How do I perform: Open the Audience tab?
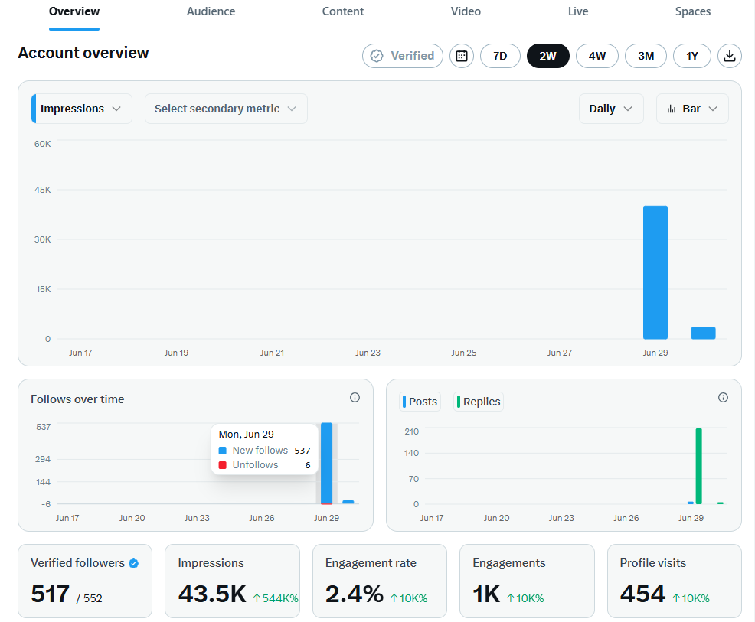[x=211, y=11]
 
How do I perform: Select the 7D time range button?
[x=500, y=56]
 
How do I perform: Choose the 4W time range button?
[x=597, y=56]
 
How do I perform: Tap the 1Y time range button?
[x=692, y=56]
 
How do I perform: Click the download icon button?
[x=730, y=56]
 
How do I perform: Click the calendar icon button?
[x=462, y=56]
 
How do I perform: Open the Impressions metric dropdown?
[x=82, y=109]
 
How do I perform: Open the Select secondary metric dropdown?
[x=226, y=109]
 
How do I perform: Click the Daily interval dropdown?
[x=611, y=109]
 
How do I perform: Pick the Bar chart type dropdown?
[x=692, y=109]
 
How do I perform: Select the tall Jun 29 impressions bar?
[x=655, y=272]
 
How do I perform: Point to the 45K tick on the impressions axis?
[x=42, y=190]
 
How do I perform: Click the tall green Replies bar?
[x=698, y=466]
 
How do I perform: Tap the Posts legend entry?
[x=420, y=402]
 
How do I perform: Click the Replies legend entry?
[x=479, y=402]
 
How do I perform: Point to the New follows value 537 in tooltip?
[x=302, y=451]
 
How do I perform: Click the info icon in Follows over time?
[x=355, y=397]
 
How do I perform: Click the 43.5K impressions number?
[x=212, y=594]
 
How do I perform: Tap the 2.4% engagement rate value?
[x=355, y=594]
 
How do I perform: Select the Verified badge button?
[x=403, y=56]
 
